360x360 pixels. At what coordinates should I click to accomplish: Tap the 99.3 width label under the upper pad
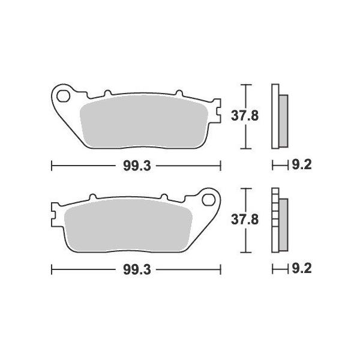(137, 166)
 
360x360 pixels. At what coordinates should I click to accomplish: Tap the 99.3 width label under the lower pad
(137, 269)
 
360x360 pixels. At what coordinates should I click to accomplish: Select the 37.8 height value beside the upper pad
(245, 116)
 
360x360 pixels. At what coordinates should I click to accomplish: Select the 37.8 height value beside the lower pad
(245, 220)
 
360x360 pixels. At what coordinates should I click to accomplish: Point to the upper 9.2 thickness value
(302, 165)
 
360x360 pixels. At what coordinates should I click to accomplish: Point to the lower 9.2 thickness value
(302, 269)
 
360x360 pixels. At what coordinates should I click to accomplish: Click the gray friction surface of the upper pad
(144, 122)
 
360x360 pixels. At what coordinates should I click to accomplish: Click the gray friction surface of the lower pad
(128, 226)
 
